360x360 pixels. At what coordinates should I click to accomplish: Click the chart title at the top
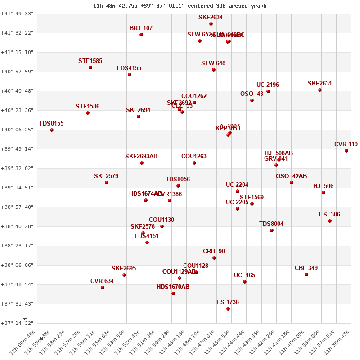(x=180, y=6)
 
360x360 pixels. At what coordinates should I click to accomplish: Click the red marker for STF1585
(x=90, y=67)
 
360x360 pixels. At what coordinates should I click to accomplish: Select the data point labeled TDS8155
(x=52, y=130)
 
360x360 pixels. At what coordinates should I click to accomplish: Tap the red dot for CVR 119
(x=346, y=151)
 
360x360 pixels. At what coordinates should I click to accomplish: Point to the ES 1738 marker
(x=228, y=309)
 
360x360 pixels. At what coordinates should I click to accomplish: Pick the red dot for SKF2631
(x=320, y=90)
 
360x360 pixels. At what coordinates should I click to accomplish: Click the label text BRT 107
(x=141, y=28)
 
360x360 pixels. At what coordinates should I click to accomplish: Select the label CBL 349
(x=306, y=268)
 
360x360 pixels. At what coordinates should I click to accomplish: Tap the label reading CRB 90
(x=214, y=251)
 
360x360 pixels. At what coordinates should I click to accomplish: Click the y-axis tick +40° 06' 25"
(x=17, y=130)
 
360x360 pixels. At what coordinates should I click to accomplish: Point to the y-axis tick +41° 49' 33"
(x=17, y=13)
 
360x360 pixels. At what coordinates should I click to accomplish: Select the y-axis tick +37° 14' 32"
(x=17, y=323)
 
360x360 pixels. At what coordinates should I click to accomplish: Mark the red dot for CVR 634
(x=103, y=288)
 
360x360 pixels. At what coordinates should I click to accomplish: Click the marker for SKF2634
(x=211, y=24)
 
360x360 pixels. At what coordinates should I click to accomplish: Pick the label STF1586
(x=87, y=106)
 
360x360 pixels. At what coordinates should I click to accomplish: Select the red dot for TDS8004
(x=272, y=230)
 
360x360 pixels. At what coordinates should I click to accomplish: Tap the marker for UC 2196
(x=268, y=91)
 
